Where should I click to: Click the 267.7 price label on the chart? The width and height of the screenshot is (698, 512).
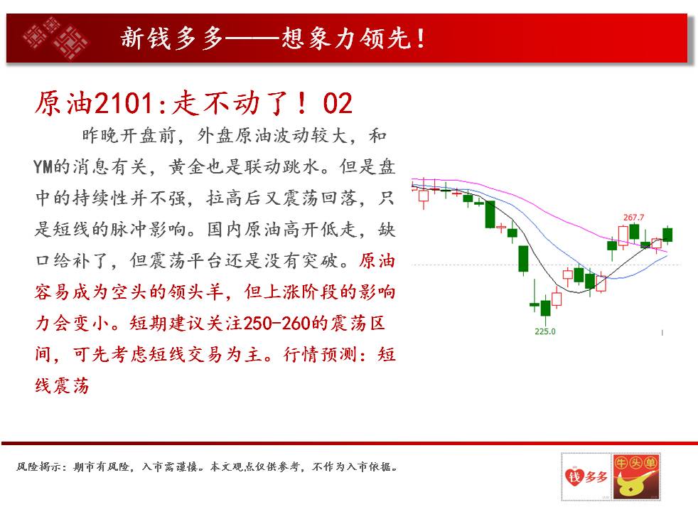point(633,218)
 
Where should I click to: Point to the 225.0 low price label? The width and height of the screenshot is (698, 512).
point(545,331)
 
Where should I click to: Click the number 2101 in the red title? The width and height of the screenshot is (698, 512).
point(124,103)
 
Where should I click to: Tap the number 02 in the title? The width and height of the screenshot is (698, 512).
point(338,103)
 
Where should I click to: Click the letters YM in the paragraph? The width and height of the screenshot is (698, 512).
point(43,167)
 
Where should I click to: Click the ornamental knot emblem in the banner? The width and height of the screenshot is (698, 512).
point(55,38)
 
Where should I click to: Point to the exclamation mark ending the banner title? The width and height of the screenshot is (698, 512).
point(420,38)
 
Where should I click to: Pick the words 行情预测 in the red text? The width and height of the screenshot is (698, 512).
point(321,355)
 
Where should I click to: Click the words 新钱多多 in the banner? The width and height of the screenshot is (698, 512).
point(172,38)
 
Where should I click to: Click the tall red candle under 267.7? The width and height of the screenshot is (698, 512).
point(623,235)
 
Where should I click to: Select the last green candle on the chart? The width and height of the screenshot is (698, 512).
point(667,234)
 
